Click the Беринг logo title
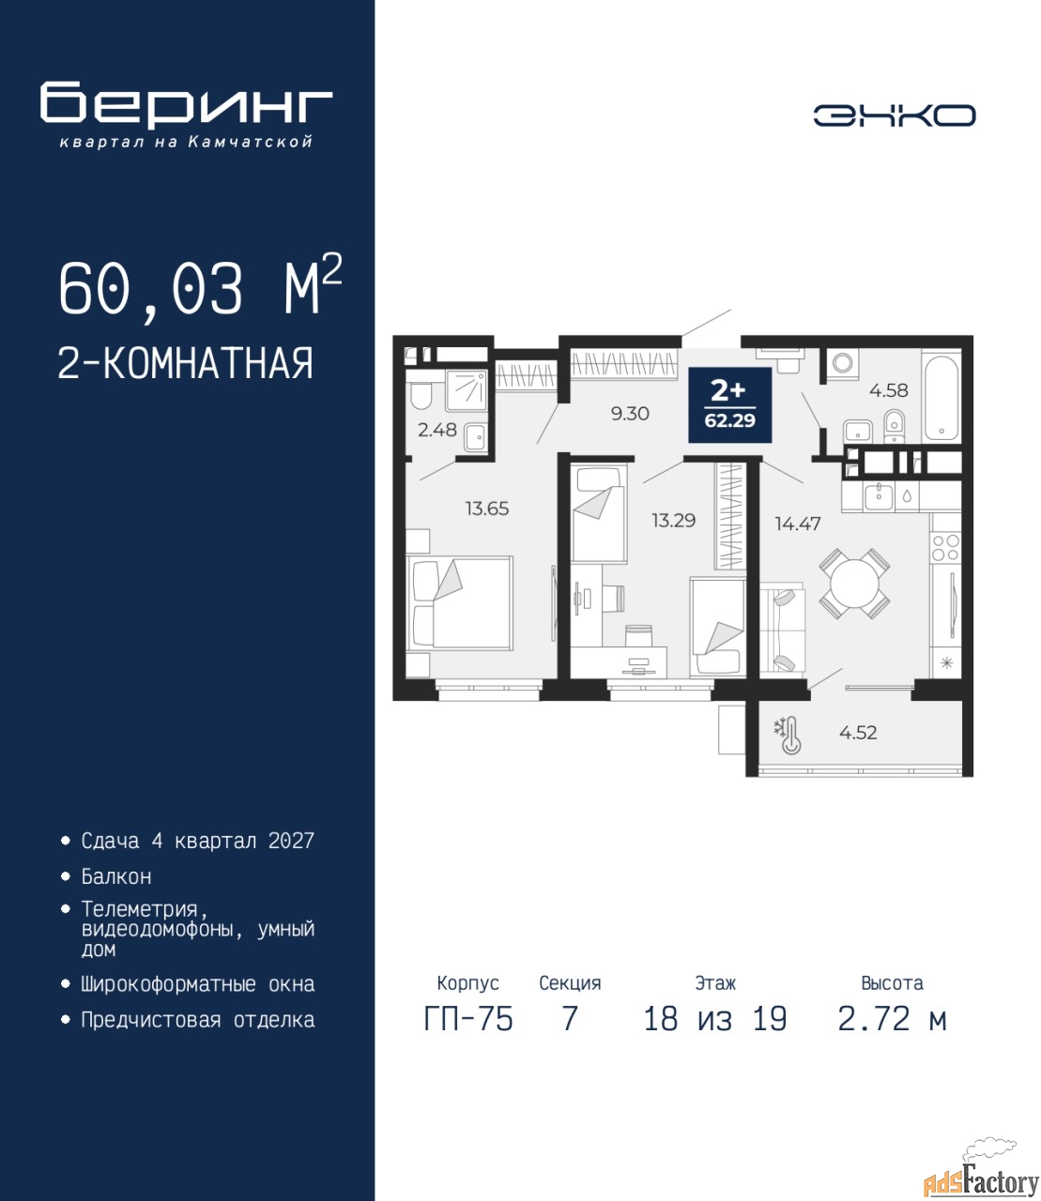point(186,105)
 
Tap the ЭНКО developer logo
point(894,115)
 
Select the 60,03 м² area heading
point(201,288)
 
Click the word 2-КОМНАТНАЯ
point(186,363)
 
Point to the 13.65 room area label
point(487,509)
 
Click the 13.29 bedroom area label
point(674,520)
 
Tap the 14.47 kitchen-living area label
point(798,524)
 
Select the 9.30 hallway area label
point(630,414)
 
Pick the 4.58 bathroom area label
point(889,390)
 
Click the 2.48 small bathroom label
point(437,430)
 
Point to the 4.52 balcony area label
point(858,732)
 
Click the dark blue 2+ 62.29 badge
point(730,405)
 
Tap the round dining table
point(854,584)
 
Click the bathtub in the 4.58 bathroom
point(941,394)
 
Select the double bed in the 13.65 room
point(459,603)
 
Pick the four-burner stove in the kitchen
point(945,547)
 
